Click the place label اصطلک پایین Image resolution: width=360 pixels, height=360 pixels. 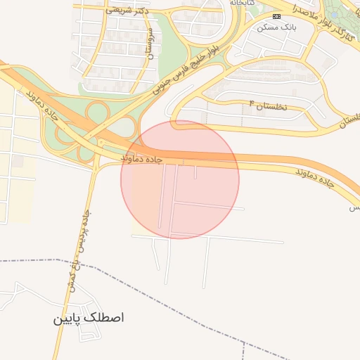[88, 318]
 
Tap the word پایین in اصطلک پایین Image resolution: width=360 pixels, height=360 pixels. [67, 319]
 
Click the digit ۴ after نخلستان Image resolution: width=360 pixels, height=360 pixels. [252, 103]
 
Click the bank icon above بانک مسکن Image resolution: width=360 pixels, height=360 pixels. [276, 15]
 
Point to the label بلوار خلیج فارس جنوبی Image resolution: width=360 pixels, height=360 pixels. [185, 69]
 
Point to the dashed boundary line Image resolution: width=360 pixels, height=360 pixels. [141, 270]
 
